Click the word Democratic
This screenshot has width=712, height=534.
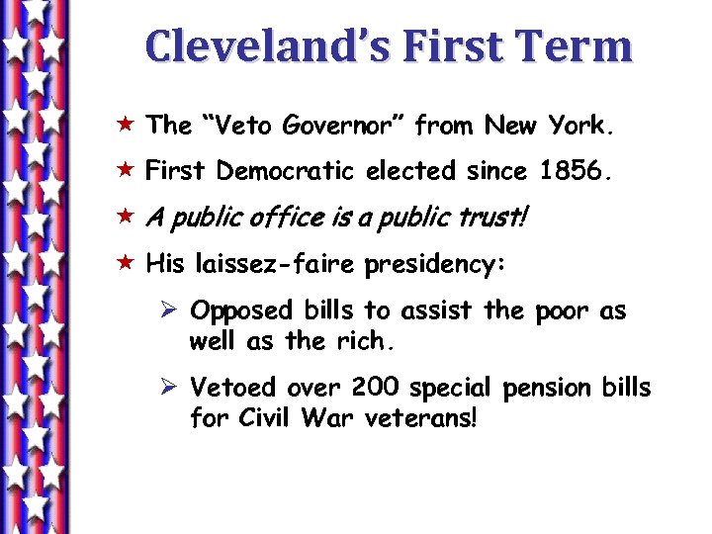286,172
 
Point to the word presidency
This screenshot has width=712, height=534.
435,266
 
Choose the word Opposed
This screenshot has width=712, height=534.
241,311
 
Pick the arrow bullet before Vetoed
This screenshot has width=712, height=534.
169,388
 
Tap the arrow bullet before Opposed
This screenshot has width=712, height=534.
169,311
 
